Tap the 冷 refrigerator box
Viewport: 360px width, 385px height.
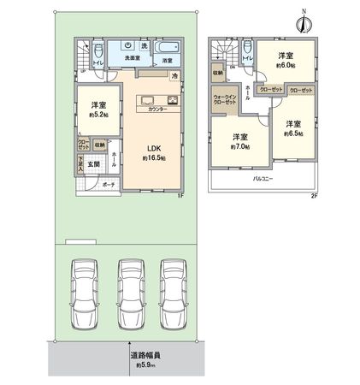[x=174, y=76]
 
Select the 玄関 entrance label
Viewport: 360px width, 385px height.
[x=97, y=163]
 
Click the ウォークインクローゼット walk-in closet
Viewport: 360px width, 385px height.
[x=225, y=110]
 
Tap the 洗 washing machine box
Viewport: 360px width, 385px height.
[x=145, y=45]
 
